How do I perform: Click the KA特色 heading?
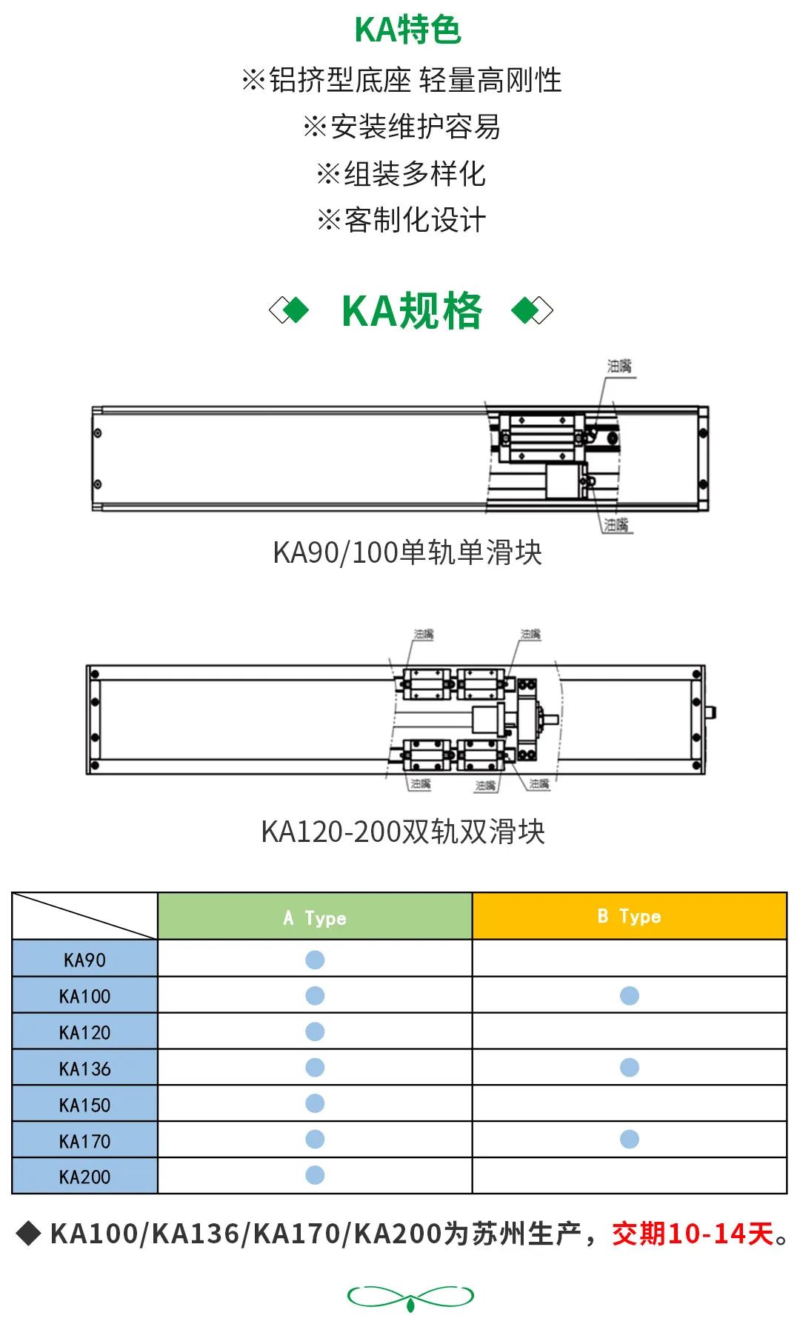click(x=408, y=30)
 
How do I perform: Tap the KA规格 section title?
click(x=411, y=311)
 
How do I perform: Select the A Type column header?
click(x=315, y=917)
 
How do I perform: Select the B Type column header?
click(x=629, y=917)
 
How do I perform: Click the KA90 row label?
click(x=84, y=960)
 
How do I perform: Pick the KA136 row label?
click(x=84, y=1069)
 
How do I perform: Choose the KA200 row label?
click(x=84, y=1177)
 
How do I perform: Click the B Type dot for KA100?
click(x=630, y=996)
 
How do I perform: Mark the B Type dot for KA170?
click(x=630, y=1140)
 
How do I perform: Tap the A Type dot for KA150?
click(x=315, y=1103)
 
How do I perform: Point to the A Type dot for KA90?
click(x=315, y=960)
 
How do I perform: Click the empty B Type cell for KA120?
click(x=630, y=1032)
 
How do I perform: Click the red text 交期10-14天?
click(x=693, y=1234)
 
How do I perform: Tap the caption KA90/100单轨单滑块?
click(x=407, y=552)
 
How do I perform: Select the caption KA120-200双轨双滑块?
click(x=403, y=832)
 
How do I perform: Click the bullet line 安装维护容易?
click(x=402, y=127)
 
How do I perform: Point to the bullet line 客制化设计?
click(x=401, y=220)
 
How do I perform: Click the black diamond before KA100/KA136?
click(x=28, y=1234)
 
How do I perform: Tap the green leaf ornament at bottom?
click(x=410, y=1297)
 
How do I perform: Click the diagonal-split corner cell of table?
click(x=84, y=916)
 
